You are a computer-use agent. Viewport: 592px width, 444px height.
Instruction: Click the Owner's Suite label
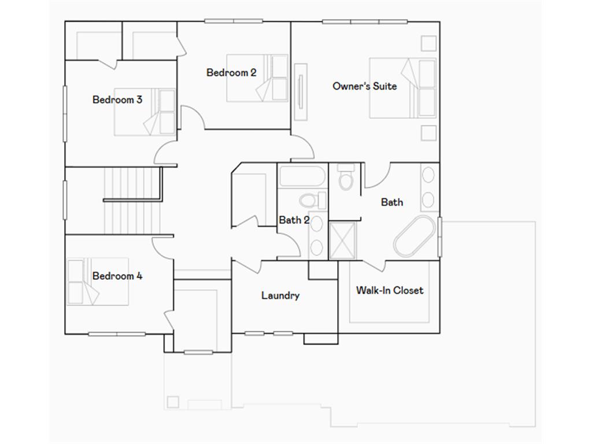(364, 86)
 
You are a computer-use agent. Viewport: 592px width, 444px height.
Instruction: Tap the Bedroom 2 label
(231, 72)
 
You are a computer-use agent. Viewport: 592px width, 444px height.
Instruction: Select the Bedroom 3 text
(117, 99)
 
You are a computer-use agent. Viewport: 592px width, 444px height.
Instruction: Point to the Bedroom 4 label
(117, 276)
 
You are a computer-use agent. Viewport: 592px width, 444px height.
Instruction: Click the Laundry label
(280, 295)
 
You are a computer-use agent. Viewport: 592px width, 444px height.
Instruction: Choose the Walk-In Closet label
(390, 290)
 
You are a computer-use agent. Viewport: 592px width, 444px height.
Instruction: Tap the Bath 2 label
(294, 220)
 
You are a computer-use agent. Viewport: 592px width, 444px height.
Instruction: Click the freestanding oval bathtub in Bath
(415, 236)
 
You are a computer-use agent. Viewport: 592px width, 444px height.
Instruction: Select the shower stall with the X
(343, 240)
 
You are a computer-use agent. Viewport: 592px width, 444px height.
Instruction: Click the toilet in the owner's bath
(346, 178)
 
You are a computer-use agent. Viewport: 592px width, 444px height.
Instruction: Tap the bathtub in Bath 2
(301, 176)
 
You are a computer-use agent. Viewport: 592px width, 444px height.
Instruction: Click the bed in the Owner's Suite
(402, 87)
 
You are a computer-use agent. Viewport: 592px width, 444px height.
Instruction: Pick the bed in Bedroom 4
(97, 282)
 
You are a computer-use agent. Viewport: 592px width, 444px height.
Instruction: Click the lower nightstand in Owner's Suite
(428, 133)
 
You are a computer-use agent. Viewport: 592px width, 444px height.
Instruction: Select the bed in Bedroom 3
(145, 112)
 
